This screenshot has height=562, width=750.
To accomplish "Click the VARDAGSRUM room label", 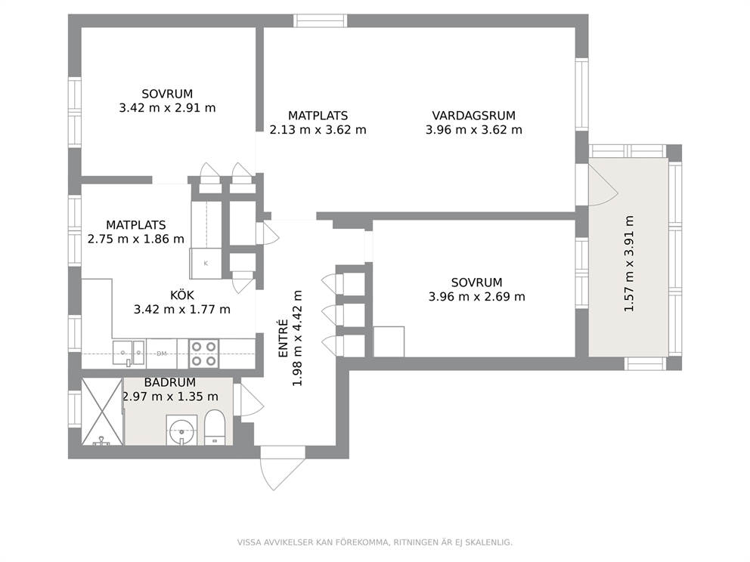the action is coord(473,116).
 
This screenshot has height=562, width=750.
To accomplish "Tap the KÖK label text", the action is coord(182,295).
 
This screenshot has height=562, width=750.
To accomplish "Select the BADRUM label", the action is coord(170,382).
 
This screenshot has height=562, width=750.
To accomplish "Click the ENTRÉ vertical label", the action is coord(284,338).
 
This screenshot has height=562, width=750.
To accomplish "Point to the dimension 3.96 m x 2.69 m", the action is coord(477,297).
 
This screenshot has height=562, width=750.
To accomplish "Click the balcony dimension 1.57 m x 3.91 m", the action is coord(629,264).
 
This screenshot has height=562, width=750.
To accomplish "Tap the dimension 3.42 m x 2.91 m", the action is coord(167,108).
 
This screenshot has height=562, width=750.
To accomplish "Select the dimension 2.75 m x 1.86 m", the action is coord(136,239).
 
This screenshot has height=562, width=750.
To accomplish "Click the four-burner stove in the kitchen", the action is coord(204,354).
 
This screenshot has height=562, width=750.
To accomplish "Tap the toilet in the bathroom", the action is coord(214,427).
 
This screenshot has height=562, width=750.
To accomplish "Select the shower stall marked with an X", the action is coord(102,412).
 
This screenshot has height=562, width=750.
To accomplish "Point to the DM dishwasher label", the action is coord(162,354).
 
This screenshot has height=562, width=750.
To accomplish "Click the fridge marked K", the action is coord(206,264).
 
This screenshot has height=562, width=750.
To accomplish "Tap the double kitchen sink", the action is coord(129,353).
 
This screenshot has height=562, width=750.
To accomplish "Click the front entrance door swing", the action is coord(282,468).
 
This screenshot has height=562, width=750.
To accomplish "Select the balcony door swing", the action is coord(603,184).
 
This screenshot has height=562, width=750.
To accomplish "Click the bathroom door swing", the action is coord(252,400).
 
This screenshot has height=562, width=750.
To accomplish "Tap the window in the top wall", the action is coord(320,20).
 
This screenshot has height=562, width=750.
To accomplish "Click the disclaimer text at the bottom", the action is coord(374,542).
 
